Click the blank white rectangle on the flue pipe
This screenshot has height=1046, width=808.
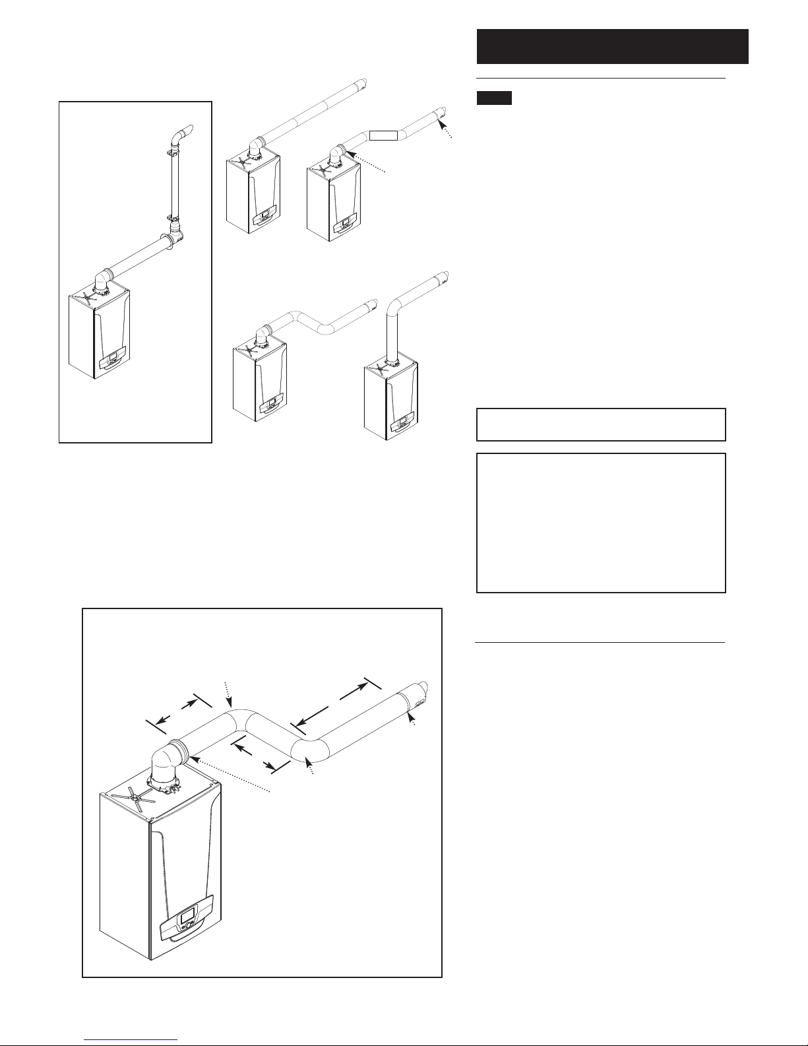[x=384, y=136]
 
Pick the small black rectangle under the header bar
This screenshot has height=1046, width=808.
[x=494, y=98]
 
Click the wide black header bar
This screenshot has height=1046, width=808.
[x=612, y=46]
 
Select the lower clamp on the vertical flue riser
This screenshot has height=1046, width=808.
[x=173, y=216]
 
